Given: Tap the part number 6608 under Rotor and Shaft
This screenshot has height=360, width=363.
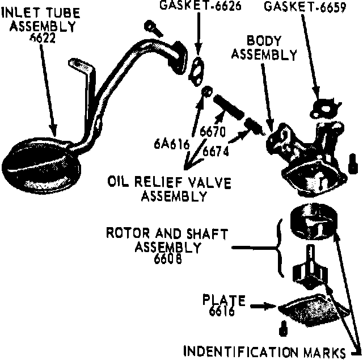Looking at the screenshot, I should [168, 259].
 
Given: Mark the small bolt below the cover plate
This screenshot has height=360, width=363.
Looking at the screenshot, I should [282, 328].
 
